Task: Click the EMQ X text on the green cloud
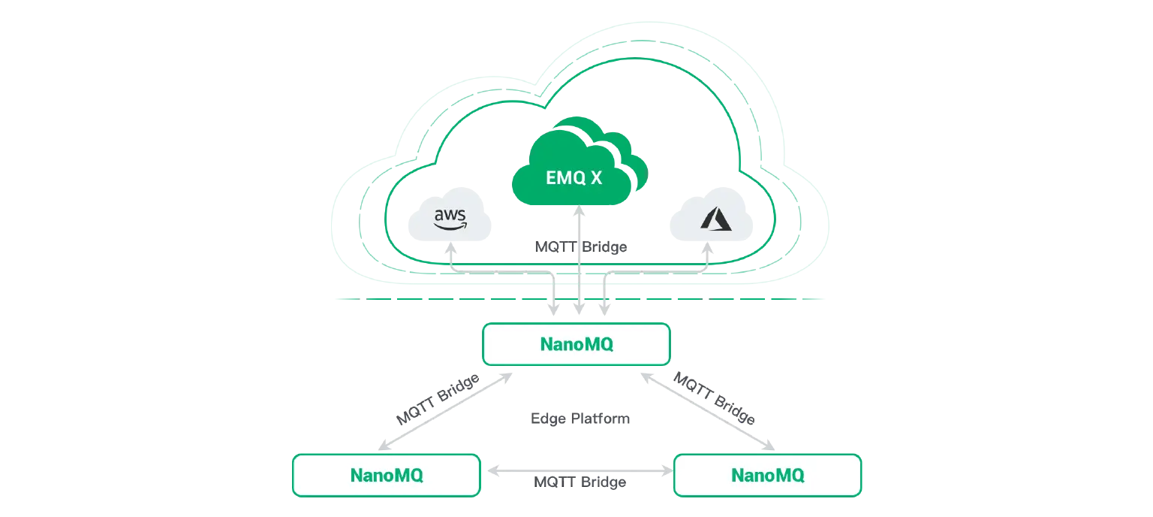tap(573, 180)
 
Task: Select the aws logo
tap(450, 218)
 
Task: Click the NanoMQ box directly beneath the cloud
tap(576, 345)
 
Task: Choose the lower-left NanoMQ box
tap(386, 475)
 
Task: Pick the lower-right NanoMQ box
tap(767, 475)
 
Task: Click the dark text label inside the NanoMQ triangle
tap(578, 419)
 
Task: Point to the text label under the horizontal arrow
tap(578, 484)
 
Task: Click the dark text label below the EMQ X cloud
tap(583, 246)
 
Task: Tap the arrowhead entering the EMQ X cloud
tap(579, 216)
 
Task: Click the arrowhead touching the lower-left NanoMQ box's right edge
tap(495, 471)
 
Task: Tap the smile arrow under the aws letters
tap(451, 224)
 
